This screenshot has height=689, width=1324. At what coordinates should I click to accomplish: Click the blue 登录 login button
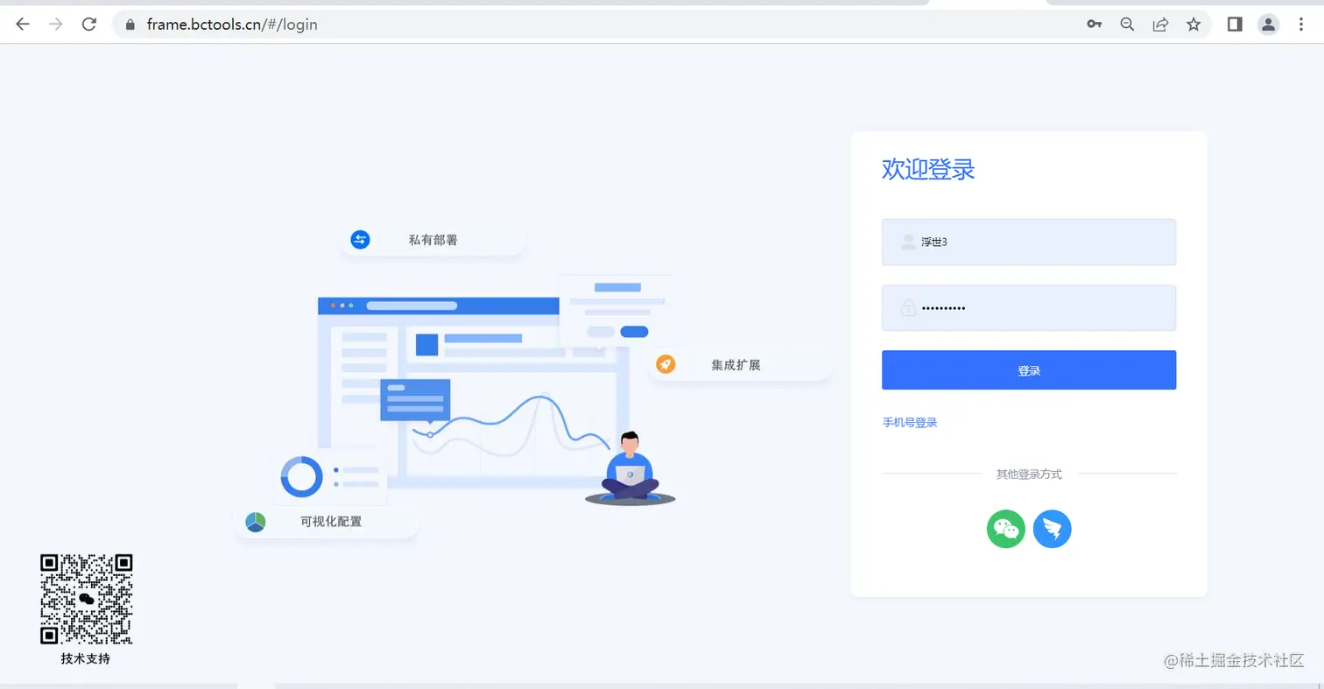[1028, 370]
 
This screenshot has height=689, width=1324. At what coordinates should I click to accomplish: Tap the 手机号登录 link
[910, 423]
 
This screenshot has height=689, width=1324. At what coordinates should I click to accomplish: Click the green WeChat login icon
[1006, 529]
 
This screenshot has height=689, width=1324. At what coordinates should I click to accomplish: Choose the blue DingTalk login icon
[1052, 529]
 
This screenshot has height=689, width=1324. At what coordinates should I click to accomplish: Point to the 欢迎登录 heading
[928, 169]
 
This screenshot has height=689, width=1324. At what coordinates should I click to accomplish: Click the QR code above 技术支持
[87, 599]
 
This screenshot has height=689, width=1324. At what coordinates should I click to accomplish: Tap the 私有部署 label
[433, 240]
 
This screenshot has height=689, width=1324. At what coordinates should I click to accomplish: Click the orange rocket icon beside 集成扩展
[666, 364]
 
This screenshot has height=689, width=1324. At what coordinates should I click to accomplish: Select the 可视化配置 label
[330, 522]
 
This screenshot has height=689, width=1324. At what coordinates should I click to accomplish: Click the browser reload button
[88, 25]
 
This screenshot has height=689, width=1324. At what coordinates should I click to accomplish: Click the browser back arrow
[23, 25]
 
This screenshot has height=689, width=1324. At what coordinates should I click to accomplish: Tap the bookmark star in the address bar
[1194, 25]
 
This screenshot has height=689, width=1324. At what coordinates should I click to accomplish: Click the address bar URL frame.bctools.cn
[232, 25]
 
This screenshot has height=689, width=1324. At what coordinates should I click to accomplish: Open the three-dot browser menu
[1301, 25]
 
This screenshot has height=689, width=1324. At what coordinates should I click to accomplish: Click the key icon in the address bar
[1094, 25]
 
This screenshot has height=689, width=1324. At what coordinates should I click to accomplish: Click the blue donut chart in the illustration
[302, 477]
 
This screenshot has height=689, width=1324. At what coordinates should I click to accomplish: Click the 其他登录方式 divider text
[1028, 475]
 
